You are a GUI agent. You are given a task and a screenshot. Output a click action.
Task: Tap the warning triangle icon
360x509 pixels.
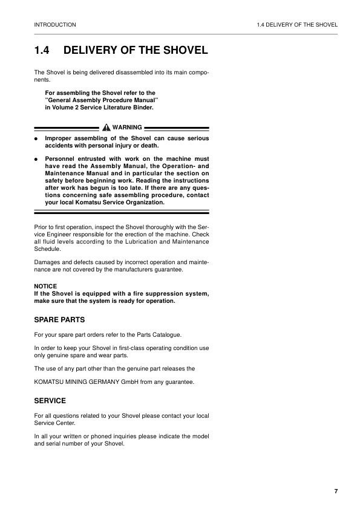click(106, 128)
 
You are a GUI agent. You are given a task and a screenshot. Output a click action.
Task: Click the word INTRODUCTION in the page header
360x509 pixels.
click(55, 25)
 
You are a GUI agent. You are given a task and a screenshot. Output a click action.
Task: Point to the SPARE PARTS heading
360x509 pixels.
click(59, 319)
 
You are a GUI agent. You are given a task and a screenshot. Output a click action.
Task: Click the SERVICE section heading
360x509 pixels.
click(50, 401)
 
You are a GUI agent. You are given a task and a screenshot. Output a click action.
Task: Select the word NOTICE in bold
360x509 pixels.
click(45, 286)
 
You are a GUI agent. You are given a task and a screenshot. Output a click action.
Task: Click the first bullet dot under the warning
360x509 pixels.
click(36, 138)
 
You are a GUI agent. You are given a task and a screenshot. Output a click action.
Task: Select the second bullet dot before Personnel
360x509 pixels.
click(36, 158)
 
